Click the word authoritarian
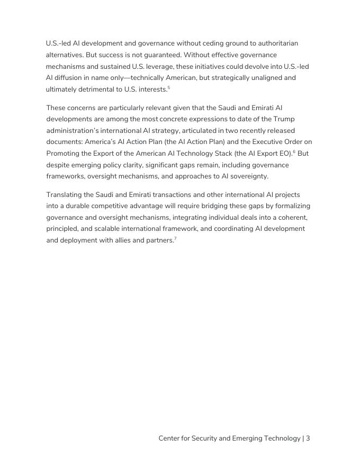click(x=276, y=43)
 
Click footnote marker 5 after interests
click(x=169, y=87)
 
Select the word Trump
click(x=284, y=119)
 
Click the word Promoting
click(x=62, y=154)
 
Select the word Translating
click(x=65, y=194)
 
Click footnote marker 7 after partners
click(x=175, y=238)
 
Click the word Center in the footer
click(x=170, y=438)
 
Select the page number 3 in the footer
click(x=308, y=438)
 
